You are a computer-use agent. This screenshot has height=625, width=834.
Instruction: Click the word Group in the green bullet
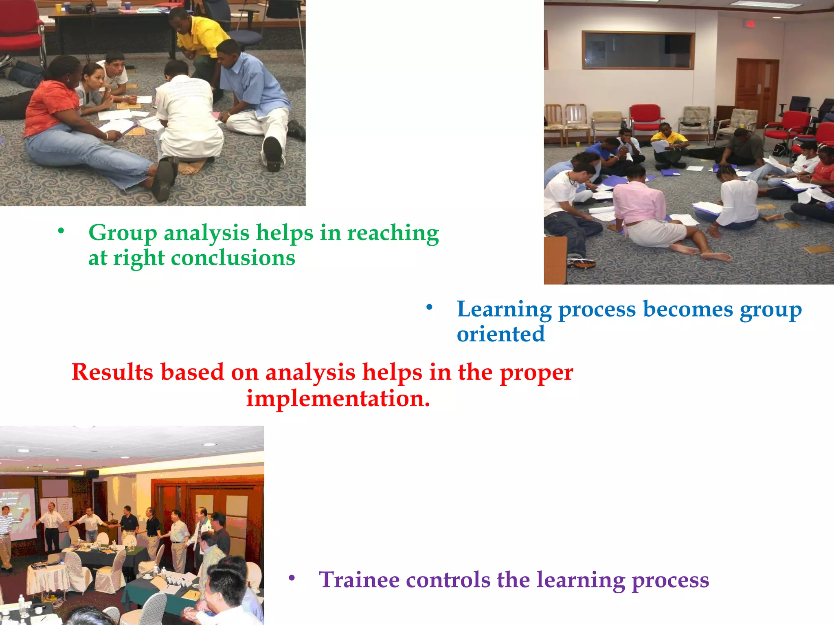tap(123, 233)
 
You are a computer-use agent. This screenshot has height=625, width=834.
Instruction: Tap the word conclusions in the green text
tap(233, 258)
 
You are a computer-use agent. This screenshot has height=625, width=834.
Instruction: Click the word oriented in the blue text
tap(500, 334)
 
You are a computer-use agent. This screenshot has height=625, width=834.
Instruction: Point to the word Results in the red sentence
tap(112, 372)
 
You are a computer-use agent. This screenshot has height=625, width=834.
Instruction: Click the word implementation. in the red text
tap(338, 398)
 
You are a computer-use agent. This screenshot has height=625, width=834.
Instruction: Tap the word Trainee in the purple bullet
tap(359, 579)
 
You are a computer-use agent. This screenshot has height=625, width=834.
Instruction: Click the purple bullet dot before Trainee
tap(291, 577)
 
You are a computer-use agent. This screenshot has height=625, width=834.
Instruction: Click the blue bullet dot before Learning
tap(429, 307)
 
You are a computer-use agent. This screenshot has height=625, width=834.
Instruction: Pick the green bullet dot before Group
tap(61, 231)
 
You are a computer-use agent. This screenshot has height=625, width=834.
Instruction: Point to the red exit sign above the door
tap(750, 24)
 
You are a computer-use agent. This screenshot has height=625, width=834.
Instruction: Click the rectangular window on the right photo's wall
tap(638, 50)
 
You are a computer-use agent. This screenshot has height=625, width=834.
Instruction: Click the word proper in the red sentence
tap(536, 372)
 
